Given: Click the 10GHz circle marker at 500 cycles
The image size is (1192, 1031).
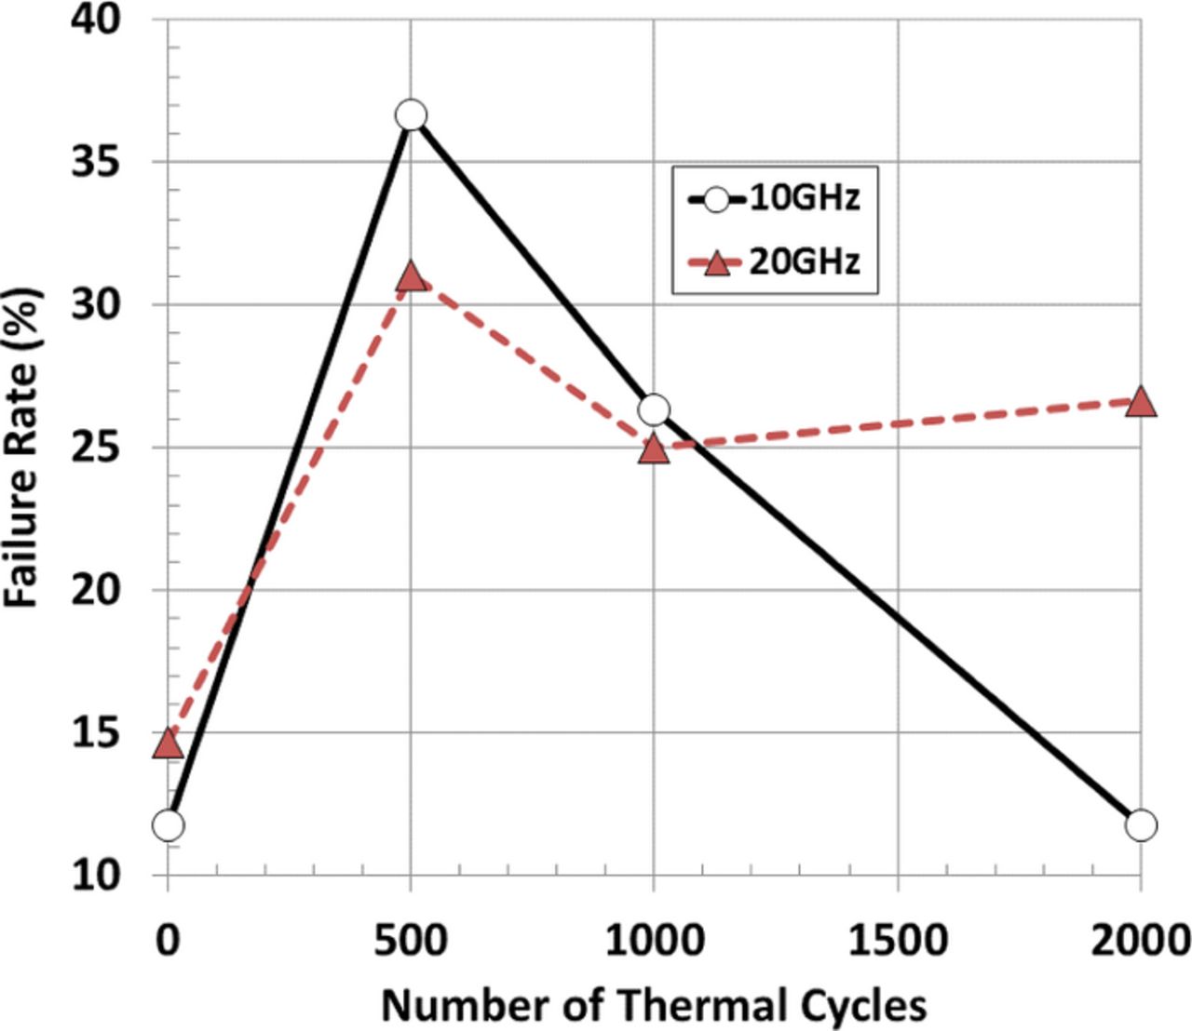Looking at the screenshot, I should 411,115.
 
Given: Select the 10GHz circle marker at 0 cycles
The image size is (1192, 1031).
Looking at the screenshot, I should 169,824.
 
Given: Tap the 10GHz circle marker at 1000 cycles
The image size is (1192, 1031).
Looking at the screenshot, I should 654,408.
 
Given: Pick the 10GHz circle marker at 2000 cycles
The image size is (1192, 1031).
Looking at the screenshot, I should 1141,824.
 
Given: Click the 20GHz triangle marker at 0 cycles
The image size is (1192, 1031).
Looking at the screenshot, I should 169,743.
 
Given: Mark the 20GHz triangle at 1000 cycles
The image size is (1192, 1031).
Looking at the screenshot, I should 654,449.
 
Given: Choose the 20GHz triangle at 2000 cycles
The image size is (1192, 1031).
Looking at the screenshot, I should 1141,402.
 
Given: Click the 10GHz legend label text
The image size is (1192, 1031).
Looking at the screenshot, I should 805,198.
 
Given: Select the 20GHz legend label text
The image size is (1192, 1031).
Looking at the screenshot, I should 805,262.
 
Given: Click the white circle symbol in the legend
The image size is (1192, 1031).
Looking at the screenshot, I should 716,199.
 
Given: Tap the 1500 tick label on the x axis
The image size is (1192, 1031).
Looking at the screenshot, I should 898,941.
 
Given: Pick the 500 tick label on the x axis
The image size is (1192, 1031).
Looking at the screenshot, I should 411,941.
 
